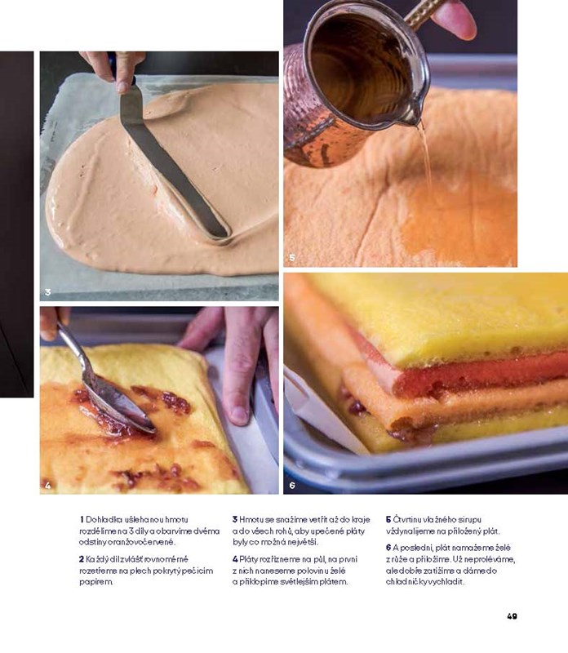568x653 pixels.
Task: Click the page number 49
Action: [512, 616]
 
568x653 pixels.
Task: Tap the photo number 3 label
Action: [48, 292]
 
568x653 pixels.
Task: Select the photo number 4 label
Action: [48, 485]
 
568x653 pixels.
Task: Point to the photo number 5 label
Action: [292, 258]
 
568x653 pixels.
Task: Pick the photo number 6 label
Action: [292, 485]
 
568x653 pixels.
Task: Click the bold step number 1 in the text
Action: [82, 520]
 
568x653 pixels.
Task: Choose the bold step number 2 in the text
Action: [82, 559]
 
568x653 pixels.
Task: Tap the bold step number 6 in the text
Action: [388, 548]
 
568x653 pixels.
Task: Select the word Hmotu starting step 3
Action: [251, 520]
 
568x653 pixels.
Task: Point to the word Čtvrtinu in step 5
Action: [406, 520]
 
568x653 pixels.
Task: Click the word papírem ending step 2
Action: [95, 582]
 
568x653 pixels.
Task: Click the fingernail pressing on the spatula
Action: [123, 87]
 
